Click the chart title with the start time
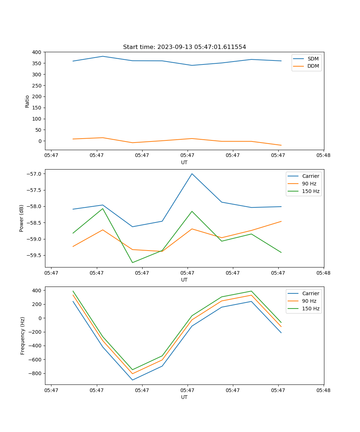coord(184,47)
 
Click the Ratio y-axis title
coord(27,101)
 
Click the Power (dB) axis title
coord(22,218)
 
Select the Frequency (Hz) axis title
coord(23,336)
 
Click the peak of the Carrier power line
coord(192,174)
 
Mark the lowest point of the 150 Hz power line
coord(132,262)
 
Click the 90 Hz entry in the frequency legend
coord(309,301)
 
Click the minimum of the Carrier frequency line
coord(132,380)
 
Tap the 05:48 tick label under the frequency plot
coord(323,390)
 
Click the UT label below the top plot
coord(184,162)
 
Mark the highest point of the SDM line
coord(103,56)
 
